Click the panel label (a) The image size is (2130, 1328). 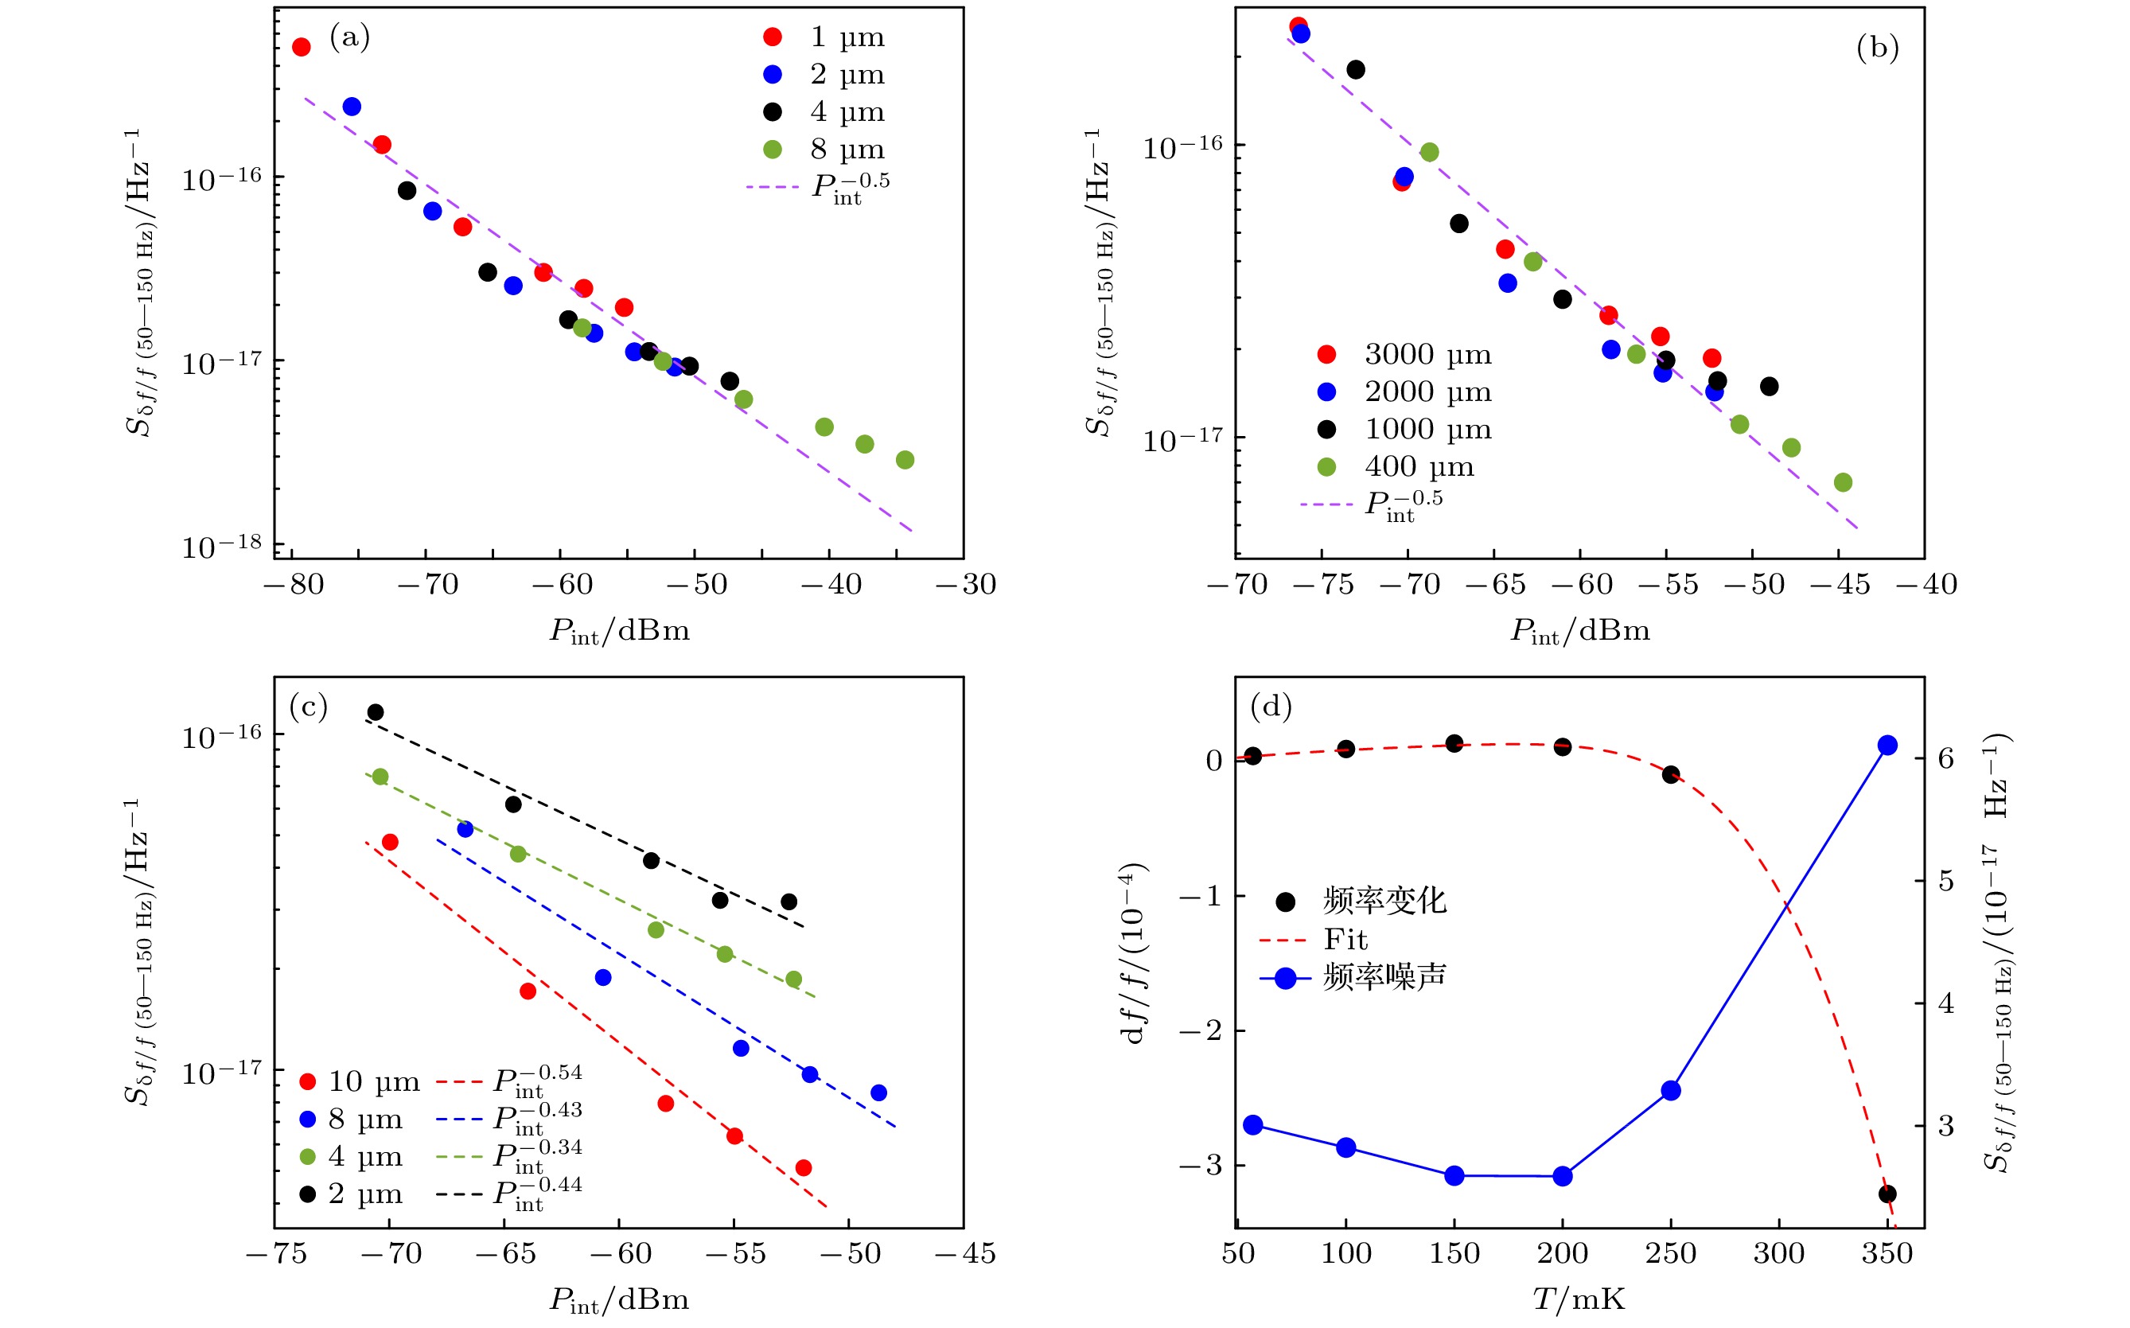tap(349, 37)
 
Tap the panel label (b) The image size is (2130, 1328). tap(1877, 48)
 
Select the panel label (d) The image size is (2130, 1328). tap(1270, 706)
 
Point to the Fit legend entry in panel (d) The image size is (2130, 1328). tap(1345, 940)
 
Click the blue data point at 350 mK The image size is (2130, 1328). tap(1887, 746)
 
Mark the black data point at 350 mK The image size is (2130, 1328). tap(1887, 1194)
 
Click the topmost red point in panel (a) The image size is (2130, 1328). tap(302, 48)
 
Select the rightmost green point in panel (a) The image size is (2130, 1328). tap(905, 460)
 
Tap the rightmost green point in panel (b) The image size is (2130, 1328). tap(1843, 482)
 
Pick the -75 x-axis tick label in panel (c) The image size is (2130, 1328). tap(277, 1254)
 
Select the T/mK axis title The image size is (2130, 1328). tap(1579, 1300)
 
